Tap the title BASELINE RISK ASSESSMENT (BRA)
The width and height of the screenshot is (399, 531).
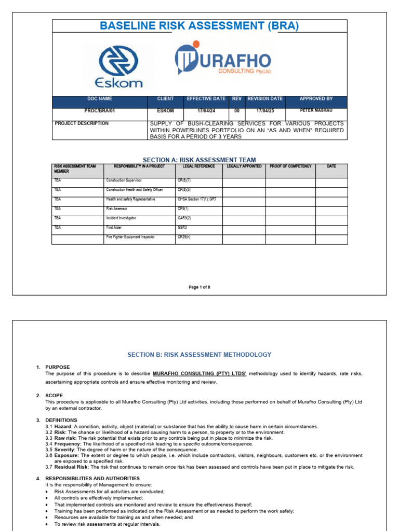click(x=199, y=26)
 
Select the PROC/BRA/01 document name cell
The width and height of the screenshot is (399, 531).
click(x=100, y=110)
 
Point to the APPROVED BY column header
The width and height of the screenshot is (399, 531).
click(x=316, y=99)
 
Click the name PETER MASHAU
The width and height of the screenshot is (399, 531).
click(x=316, y=110)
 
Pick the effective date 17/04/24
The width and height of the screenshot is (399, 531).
click(x=206, y=110)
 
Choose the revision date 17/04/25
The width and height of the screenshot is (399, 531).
click(x=265, y=110)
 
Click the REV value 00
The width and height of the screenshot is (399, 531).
click(x=236, y=110)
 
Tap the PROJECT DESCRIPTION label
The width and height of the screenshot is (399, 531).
click(x=82, y=123)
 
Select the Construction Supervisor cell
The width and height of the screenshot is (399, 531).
click(x=124, y=180)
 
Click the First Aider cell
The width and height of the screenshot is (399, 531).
click(x=115, y=228)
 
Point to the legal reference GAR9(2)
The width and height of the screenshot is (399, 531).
click(x=184, y=218)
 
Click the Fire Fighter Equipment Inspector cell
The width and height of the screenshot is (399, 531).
click(x=130, y=237)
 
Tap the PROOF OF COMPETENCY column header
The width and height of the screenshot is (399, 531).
click(x=290, y=166)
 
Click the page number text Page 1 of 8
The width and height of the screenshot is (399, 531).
click(x=199, y=287)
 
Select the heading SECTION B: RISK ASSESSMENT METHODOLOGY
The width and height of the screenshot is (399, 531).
click(x=199, y=355)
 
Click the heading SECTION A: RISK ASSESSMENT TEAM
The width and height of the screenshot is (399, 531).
click(x=199, y=160)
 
